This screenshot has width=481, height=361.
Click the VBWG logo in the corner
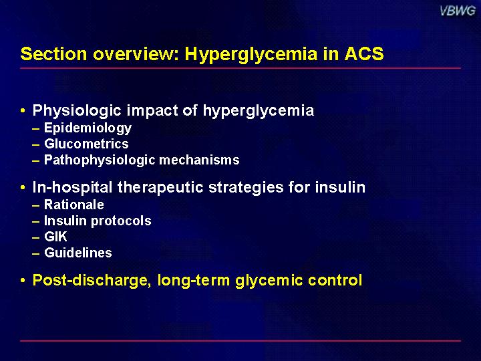(458, 11)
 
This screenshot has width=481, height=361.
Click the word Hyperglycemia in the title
(251, 55)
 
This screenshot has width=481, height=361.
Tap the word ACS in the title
(364, 53)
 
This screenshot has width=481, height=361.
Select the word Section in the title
(53, 53)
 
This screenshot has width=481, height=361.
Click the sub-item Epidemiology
(88, 128)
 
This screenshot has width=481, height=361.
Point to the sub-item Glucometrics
(86, 144)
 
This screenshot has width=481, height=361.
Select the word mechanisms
(199, 160)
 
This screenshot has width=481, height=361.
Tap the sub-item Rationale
(74, 205)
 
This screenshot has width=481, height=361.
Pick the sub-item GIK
(55, 237)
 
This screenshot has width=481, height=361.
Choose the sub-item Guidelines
(78, 253)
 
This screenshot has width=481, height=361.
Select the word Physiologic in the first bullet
(77, 111)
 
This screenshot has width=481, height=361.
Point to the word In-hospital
(72, 188)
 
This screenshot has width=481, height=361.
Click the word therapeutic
(160, 188)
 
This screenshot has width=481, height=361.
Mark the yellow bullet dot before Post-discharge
(23, 280)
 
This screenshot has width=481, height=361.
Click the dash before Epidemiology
(36, 128)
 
